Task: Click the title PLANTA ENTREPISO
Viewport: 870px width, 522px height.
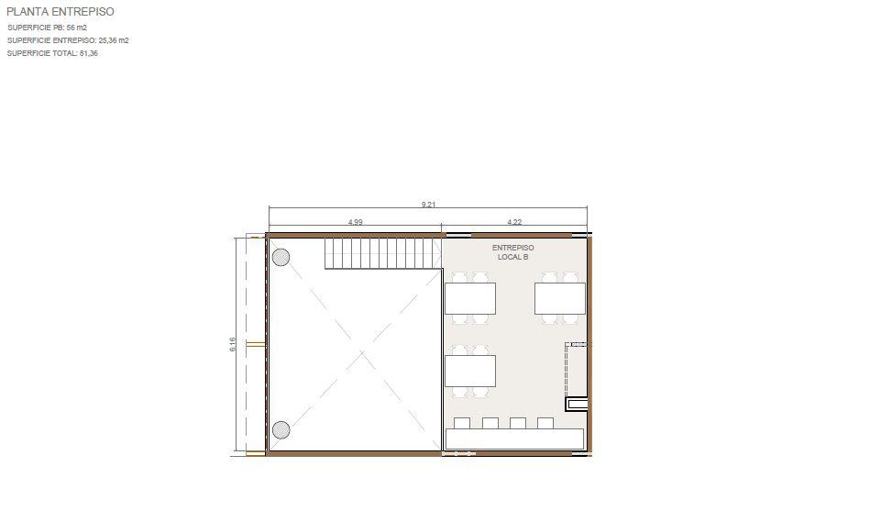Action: click(x=60, y=11)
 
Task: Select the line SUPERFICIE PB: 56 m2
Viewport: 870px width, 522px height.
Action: click(x=47, y=28)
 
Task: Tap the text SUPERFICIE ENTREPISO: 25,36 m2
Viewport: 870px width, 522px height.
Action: click(x=68, y=40)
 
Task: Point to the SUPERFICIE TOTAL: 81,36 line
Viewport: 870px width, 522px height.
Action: click(x=52, y=53)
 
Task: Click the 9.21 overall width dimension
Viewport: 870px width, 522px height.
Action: click(x=428, y=205)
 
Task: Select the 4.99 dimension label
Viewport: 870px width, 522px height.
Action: click(x=355, y=222)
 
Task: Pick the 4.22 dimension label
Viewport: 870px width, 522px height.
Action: click(x=514, y=222)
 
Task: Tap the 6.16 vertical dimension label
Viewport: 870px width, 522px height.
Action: click(x=233, y=344)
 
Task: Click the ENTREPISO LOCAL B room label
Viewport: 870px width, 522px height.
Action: click(x=512, y=252)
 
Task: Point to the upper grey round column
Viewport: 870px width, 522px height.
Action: click(x=281, y=257)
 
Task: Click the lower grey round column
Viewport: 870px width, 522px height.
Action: click(x=281, y=430)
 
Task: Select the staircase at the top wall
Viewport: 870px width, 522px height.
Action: click(x=383, y=253)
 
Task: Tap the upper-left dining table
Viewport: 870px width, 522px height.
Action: click(x=470, y=299)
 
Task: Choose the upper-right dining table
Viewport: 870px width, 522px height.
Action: click(x=560, y=299)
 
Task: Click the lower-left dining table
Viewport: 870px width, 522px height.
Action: click(x=470, y=371)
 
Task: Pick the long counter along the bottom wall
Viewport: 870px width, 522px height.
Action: click(x=514, y=439)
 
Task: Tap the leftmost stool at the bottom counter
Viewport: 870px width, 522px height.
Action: click(x=462, y=423)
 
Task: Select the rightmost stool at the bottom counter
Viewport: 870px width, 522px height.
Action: click(x=545, y=423)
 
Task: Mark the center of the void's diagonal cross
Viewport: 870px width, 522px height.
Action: click(x=362, y=351)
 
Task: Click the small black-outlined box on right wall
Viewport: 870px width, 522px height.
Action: click(x=577, y=404)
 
